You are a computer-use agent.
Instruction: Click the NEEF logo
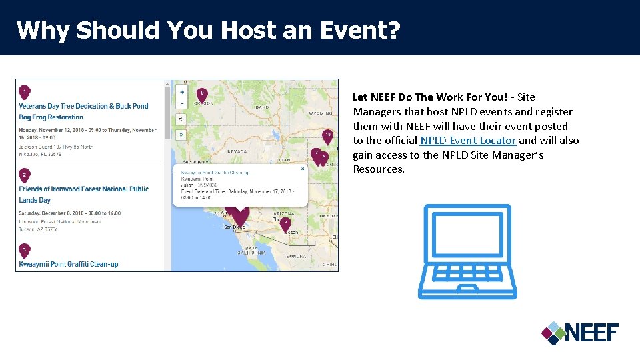coord(579,332)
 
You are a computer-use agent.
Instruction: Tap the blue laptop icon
coord(467,252)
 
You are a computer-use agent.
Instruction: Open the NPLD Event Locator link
coord(468,141)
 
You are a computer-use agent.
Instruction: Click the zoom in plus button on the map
coord(182,91)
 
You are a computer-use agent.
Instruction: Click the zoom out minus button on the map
coord(182,103)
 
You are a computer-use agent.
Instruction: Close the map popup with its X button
coord(302,169)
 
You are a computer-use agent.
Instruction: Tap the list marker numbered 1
coord(24,91)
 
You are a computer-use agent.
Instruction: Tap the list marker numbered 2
coord(24,175)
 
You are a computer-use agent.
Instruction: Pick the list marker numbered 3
coord(24,250)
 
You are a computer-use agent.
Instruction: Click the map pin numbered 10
coord(327,135)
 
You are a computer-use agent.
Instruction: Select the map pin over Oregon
coord(202,93)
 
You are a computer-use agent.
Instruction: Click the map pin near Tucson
coord(285,223)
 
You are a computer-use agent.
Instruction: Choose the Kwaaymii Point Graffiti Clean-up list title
coord(69,264)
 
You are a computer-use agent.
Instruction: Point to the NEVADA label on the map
coord(238,152)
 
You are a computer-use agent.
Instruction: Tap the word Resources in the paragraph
coord(379,169)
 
